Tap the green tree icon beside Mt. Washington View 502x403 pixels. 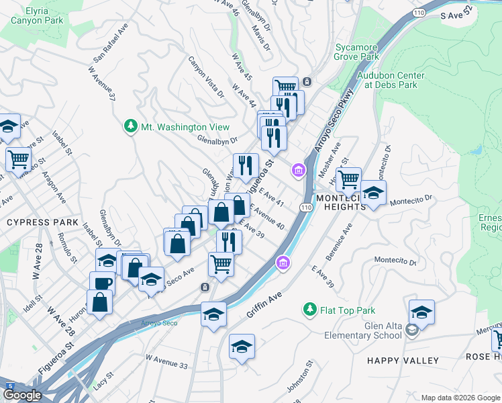(x=130, y=126)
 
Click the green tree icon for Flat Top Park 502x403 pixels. (x=309, y=310)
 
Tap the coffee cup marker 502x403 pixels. (x=102, y=282)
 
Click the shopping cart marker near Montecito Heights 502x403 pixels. (x=348, y=179)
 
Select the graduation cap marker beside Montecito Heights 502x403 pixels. (x=373, y=193)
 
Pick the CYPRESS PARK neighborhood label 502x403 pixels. (x=42, y=222)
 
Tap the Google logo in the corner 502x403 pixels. (x=21, y=395)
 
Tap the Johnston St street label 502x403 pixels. (x=301, y=379)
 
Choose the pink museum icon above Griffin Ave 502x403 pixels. (x=283, y=262)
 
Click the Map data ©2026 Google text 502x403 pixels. (x=460, y=398)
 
